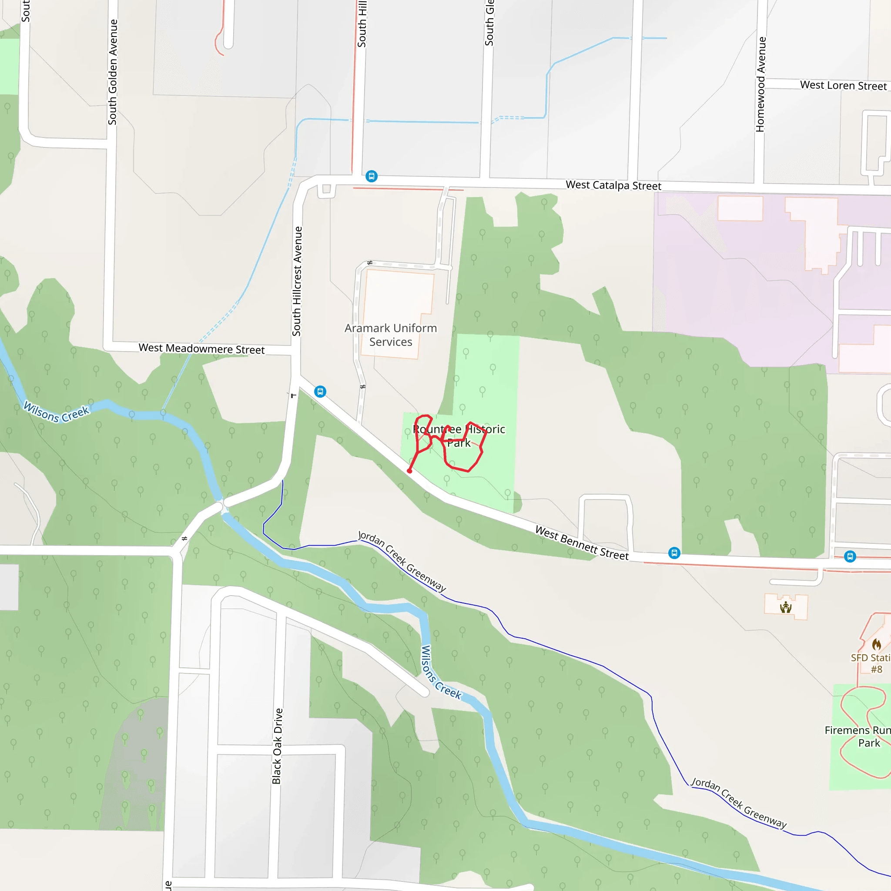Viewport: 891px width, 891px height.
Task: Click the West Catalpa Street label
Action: [613, 185]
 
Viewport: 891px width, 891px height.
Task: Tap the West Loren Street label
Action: [843, 85]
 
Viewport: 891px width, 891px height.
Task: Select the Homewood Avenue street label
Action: [760, 84]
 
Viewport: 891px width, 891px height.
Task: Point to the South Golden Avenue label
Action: [113, 72]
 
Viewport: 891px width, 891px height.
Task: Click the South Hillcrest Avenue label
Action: [297, 281]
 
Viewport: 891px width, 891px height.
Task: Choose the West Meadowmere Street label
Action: [201, 348]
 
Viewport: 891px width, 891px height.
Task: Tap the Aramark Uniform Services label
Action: [391, 335]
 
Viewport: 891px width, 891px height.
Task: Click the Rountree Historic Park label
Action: [459, 436]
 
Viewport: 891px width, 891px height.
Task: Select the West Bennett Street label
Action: [582, 543]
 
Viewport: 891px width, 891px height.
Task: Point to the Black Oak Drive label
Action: [277, 746]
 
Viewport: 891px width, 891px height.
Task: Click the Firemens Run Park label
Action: [858, 737]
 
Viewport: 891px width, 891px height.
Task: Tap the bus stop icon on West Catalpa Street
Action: [371, 176]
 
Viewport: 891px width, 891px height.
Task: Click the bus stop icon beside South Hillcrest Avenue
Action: [320, 392]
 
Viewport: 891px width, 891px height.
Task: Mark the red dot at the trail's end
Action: [409, 471]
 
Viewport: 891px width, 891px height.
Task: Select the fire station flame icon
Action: [876, 644]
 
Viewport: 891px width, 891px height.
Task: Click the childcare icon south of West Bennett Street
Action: [786, 607]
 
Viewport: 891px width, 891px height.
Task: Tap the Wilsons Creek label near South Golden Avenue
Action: [56, 412]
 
